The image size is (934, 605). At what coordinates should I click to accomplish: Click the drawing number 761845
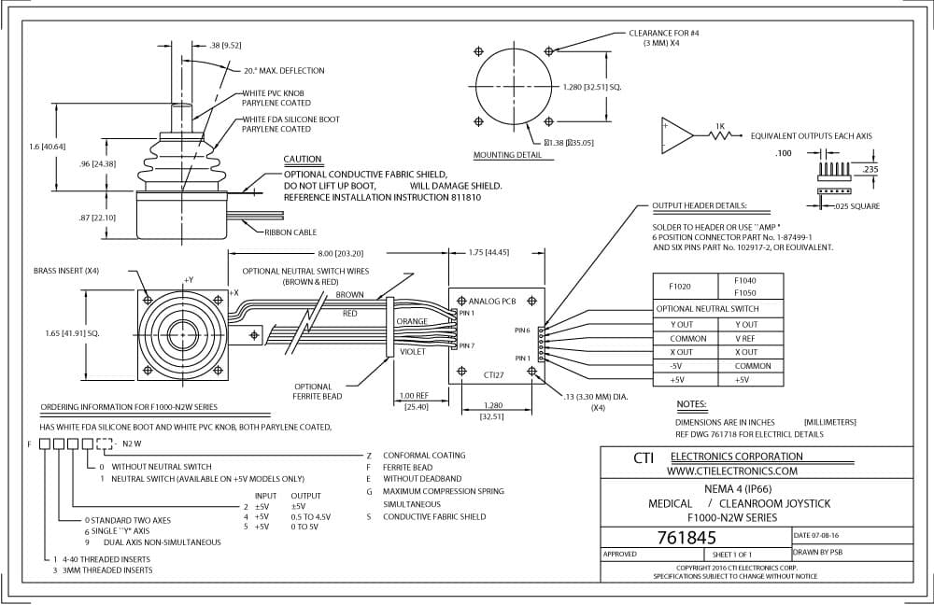[x=686, y=538]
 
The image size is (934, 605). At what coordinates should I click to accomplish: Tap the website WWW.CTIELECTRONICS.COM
[x=731, y=471]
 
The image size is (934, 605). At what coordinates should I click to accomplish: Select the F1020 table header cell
[x=679, y=287]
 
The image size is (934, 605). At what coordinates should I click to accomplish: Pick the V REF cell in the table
[x=745, y=338]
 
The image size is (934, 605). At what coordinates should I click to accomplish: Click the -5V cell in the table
[x=675, y=366]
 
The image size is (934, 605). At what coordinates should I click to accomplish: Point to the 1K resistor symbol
[x=722, y=135]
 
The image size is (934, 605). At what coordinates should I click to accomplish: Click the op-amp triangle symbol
[x=677, y=135]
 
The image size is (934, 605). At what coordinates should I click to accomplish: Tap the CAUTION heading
[x=302, y=159]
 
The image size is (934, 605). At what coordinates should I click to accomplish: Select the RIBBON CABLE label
[x=290, y=232]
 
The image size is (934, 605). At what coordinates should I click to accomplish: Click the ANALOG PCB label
[x=492, y=302]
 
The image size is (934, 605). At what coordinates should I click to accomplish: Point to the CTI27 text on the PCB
[x=494, y=375]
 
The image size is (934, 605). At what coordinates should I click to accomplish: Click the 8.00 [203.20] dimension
[x=340, y=253]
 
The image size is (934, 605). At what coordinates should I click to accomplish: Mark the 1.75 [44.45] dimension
[x=488, y=252]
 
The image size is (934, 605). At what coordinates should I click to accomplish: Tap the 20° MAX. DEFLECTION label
[x=284, y=70]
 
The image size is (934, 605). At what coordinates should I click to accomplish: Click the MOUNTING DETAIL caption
[x=507, y=155]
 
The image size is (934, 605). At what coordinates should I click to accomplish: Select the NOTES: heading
[x=691, y=404]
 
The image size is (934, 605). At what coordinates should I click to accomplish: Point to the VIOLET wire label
[x=413, y=352]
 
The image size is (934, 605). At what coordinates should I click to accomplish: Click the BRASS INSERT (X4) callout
[x=66, y=271]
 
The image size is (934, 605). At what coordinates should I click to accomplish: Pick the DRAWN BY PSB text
[x=817, y=552]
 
